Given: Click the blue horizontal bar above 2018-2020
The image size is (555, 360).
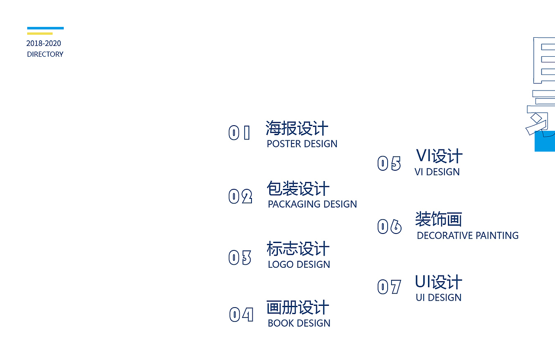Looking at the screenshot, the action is tap(46, 28).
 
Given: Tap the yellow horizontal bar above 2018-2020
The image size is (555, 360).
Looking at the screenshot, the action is tap(39, 33).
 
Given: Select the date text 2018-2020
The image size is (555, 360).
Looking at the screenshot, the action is tap(44, 43).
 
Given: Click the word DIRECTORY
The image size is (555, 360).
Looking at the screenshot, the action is tap(45, 54).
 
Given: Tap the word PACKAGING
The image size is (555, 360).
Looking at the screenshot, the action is tap(294, 204).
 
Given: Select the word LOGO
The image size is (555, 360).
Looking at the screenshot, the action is tap(281, 264).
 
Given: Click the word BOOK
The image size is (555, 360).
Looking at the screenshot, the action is tap(281, 323).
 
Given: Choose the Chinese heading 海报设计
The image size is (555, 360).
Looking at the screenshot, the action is tap(297, 128).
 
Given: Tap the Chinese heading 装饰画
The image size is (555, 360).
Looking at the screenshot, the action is tap(438, 219).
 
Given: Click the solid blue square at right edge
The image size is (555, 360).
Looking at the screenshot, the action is tap(545, 141).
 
